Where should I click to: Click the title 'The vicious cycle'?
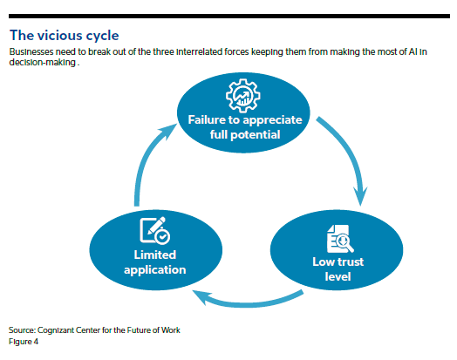(65, 36)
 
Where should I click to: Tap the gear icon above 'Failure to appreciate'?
(243, 96)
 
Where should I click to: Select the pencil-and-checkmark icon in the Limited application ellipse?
(154, 230)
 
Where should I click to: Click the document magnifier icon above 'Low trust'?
(340, 239)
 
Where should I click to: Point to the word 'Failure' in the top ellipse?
(207, 119)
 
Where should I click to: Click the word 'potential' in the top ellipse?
(256, 135)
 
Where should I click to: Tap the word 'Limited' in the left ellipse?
(155, 255)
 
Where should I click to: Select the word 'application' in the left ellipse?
(155, 270)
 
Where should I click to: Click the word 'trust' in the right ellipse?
(349, 262)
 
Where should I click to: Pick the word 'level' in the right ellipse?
(338, 276)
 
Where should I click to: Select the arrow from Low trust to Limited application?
(247, 302)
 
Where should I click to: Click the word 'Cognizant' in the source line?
(56, 330)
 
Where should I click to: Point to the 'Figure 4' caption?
(24, 342)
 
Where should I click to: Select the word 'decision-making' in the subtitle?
(43, 63)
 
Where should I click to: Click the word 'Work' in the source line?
(171, 330)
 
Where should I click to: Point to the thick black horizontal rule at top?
(229, 17)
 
